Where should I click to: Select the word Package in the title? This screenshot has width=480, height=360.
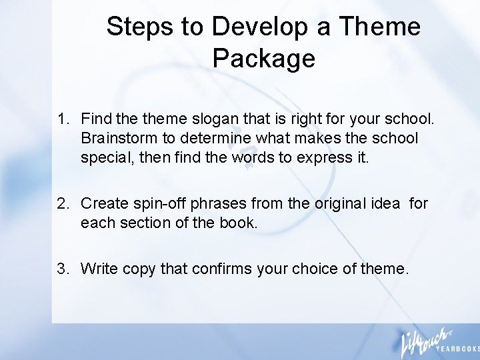point(263,59)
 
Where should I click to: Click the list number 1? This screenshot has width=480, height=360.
point(63,120)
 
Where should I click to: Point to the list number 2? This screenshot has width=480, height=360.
point(63,203)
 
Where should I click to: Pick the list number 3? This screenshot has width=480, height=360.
point(63,269)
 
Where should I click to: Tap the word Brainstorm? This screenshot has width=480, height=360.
point(117,139)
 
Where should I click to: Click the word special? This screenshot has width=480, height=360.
point(103,157)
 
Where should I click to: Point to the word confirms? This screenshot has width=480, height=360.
point(222,269)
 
